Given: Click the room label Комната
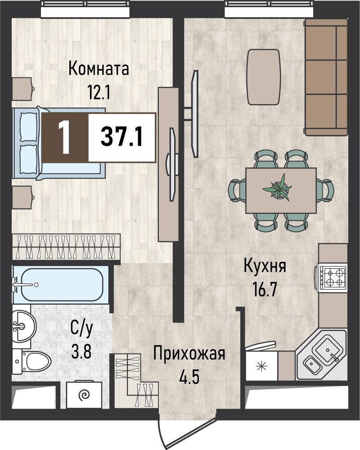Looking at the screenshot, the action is pyautogui.click(x=99, y=69).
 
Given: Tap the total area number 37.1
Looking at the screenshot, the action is pyautogui.click(x=121, y=137).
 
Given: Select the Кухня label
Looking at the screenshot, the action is pyautogui.click(x=265, y=266).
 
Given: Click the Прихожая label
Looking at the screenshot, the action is pyautogui.click(x=189, y=354).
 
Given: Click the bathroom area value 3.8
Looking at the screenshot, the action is pyautogui.click(x=81, y=352).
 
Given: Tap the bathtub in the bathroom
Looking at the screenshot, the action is pyautogui.click(x=60, y=285).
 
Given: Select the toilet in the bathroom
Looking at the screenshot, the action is pyautogui.click(x=32, y=362).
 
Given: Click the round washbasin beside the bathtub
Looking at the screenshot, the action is pyautogui.click(x=24, y=326).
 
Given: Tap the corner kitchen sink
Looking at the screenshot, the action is pyautogui.click(x=322, y=355).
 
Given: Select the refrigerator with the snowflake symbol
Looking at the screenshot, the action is pyautogui.click(x=261, y=364).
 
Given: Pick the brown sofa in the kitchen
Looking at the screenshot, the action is pyautogui.click(x=326, y=77).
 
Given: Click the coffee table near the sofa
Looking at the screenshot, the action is pyautogui.click(x=264, y=77).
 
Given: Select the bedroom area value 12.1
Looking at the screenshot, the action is pyautogui.click(x=99, y=92).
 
